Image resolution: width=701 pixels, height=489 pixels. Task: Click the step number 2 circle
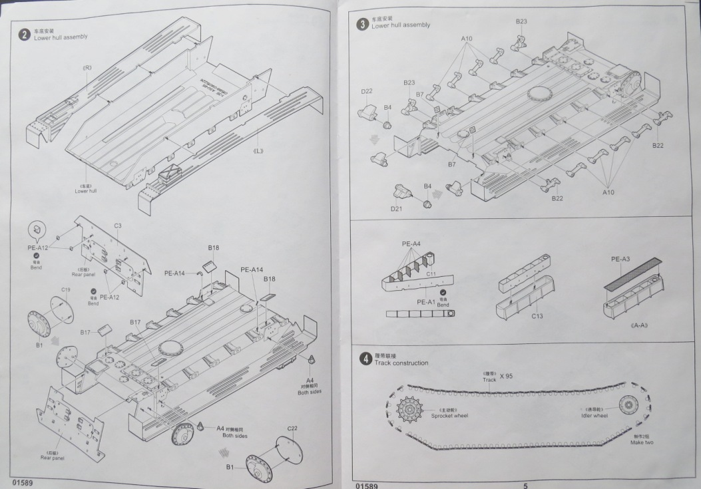pos(24,34)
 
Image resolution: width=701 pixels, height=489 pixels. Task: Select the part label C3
pos(117,226)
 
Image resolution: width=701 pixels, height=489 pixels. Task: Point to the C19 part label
pos(66,289)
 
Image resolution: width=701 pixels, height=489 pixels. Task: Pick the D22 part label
pos(366,92)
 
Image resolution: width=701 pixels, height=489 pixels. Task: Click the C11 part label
pos(431,274)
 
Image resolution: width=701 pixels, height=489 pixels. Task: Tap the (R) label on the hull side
pos(87,68)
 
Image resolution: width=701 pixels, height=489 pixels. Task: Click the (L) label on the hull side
pos(258,150)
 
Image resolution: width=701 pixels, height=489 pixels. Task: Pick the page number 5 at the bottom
pos(525,486)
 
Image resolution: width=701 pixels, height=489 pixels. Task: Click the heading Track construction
pos(401,363)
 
